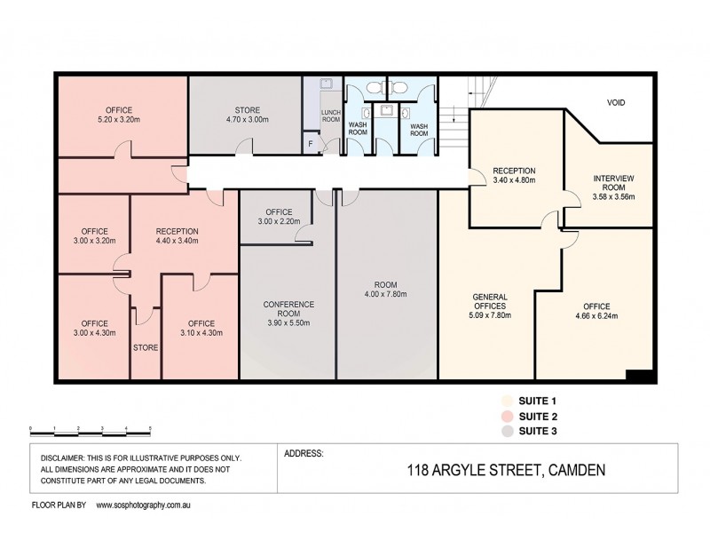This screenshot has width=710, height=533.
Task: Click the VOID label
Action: click(616, 103)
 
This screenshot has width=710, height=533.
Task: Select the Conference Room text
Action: click(288, 309)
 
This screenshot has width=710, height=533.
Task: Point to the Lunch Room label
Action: click(330, 115)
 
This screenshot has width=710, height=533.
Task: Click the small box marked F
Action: click(311, 143)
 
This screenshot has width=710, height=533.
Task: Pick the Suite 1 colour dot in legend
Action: click(507, 401)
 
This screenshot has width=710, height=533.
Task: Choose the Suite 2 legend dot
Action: click(507, 416)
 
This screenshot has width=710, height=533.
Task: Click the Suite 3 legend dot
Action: click(507, 431)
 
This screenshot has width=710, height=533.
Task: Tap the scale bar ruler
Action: click(90, 428)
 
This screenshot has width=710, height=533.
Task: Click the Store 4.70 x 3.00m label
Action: click(241, 115)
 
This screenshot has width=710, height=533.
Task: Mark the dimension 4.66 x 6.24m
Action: click(596, 315)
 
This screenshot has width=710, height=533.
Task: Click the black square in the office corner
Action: click(639, 376)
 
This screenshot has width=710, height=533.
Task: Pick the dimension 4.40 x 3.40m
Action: click(176, 240)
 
